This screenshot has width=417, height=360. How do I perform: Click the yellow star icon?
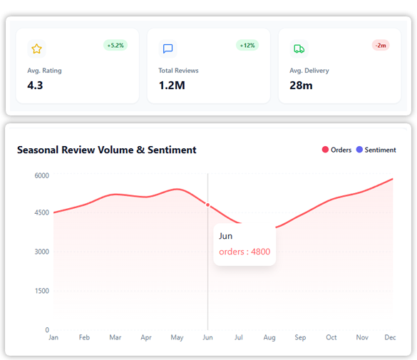37,48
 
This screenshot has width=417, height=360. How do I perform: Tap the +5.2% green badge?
115,46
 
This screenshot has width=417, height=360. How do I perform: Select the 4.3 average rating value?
36,86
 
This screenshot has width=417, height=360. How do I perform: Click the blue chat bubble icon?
168,48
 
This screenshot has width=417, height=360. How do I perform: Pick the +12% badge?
247,46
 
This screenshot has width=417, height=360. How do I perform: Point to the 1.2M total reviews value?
172,86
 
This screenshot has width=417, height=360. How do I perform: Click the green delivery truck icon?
299,48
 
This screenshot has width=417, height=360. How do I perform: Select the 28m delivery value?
301,86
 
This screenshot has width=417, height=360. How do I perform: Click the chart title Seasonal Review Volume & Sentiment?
106,150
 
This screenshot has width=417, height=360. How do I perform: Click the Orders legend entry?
336,150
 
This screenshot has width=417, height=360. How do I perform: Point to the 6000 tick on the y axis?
42,175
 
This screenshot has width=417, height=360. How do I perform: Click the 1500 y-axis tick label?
42,291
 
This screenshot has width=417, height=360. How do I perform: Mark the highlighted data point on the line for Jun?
208,205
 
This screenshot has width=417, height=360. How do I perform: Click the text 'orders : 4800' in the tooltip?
244,252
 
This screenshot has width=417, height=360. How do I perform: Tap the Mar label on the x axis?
115,337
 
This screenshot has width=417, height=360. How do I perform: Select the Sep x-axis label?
300,337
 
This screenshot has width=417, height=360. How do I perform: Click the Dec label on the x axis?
390,337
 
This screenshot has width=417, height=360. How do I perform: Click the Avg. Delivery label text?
309,71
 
